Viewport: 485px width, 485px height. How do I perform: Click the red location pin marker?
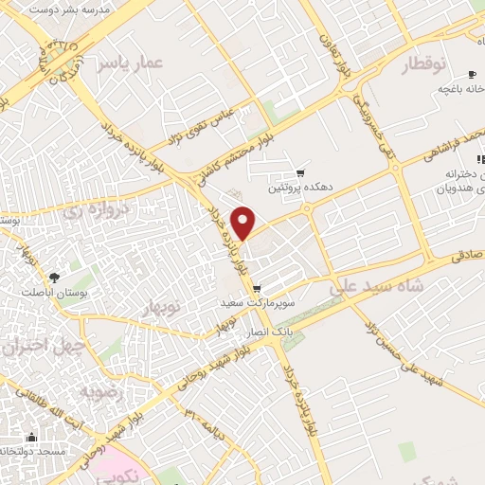(x=244, y=224)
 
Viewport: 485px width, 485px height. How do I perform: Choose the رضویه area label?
(x=98, y=389)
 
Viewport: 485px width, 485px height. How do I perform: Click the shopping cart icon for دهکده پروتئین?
(x=300, y=172)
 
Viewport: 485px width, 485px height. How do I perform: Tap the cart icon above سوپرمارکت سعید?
(x=258, y=289)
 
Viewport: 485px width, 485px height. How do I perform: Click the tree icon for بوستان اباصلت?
(x=54, y=279)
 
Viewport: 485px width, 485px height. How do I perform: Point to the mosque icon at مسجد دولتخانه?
(x=32, y=438)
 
